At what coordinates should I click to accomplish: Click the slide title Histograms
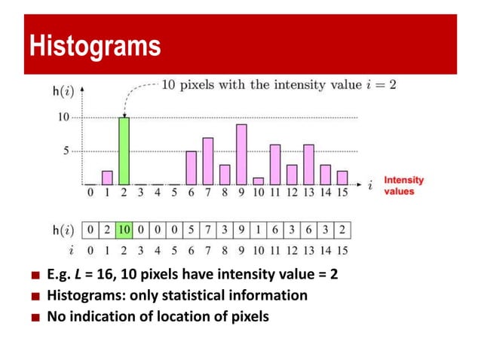[94, 46]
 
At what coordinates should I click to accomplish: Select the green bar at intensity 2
[124, 151]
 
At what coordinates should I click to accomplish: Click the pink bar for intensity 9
[241, 154]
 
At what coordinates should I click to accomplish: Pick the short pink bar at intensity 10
[258, 181]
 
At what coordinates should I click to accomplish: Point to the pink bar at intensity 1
[107, 178]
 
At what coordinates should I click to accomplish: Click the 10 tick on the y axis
[63, 117]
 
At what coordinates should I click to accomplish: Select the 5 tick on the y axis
[67, 151]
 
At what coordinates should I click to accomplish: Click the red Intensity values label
[404, 186]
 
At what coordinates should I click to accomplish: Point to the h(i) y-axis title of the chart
[63, 92]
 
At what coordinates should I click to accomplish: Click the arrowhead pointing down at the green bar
[124, 114]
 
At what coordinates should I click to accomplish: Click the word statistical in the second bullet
[160, 295]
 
